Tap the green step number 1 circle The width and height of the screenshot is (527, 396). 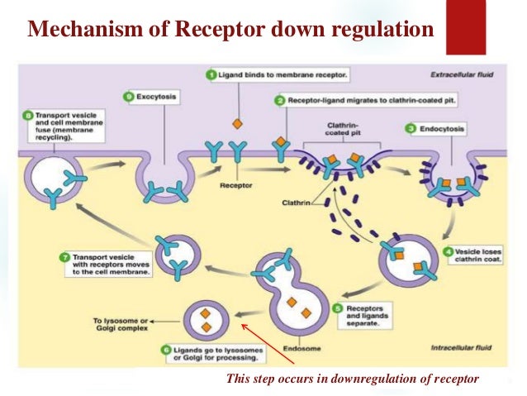pos(212,74)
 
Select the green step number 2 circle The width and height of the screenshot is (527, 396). pos(282,99)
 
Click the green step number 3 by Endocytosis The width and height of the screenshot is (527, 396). pos(411,129)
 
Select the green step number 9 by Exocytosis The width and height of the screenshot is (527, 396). pos(128,98)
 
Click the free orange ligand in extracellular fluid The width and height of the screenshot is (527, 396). pos(236,124)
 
